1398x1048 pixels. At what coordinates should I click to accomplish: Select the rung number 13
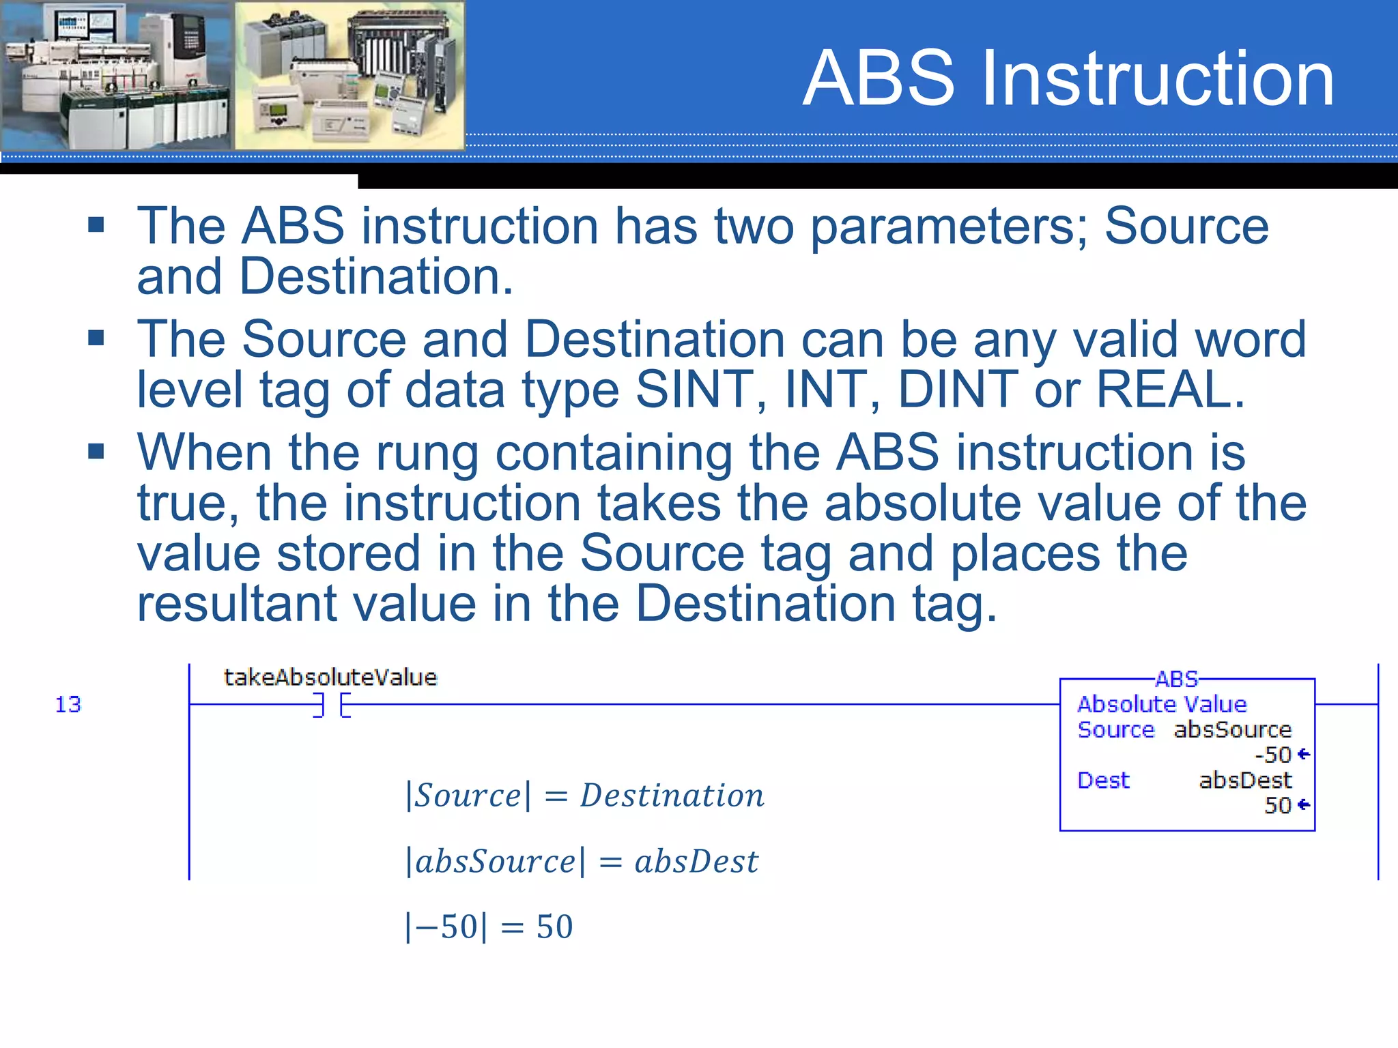coord(68,704)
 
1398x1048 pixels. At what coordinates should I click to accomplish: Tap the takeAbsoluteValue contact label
coord(330,678)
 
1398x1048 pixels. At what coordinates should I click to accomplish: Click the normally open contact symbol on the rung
coord(332,704)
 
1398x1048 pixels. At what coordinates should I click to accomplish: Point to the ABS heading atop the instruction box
coord(1176,680)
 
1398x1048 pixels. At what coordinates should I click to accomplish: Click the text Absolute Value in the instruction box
coord(1162,704)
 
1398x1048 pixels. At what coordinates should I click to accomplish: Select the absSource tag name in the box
coord(1233,730)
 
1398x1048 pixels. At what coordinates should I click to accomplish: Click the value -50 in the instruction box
coord(1273,755)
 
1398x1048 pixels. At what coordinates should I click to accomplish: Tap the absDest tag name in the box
coord(1245,780)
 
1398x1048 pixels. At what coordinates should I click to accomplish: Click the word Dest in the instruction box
coord(1103,780)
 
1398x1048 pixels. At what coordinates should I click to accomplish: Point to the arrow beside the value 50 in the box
coord(1303,805)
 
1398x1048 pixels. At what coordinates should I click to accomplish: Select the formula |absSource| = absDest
coord(582,862)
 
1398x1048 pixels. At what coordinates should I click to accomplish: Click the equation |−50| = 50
coord(489,927)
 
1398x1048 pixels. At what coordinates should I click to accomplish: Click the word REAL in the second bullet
coord(1170,390)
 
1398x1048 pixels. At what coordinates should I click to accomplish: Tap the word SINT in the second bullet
coord(695,390)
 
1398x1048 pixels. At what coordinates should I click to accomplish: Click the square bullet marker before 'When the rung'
coord(96,451)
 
